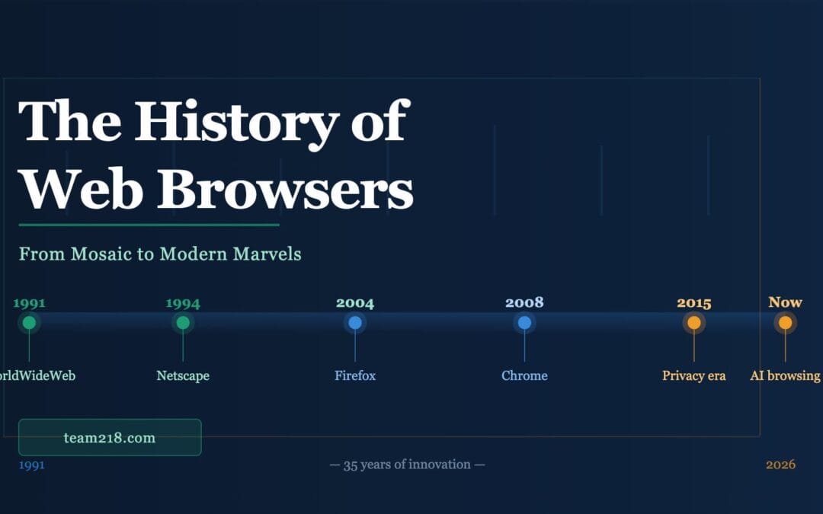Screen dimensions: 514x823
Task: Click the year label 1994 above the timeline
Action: pyautogui.click(x=183, y=303)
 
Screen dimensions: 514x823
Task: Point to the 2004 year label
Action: pyautogui.click(x=355, y=303)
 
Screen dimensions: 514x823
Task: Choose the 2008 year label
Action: pyautogui.click(x=524, y=302)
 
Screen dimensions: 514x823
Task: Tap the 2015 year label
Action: pyautogui.click(x=694, y=303)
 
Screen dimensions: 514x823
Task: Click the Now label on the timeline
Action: pyautogui.click(x=785, y=302)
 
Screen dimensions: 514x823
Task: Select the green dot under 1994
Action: pyautogui.click(x=183, y=323)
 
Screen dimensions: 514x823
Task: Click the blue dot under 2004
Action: pyautogui.click(x=355, y=323)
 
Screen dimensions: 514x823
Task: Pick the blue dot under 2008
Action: pyautogui.click(x=524, y=323)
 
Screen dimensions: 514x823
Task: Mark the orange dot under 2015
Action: pyautogui.click(x=694, y=323)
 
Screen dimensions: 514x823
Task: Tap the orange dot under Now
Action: pyautogui.click(x=785, y=323)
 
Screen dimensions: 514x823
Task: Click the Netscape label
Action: pyautogui.click(x=183, y=375)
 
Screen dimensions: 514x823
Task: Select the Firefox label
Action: pyautogui.click(x=355, y=375)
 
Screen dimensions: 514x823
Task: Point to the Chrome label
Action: pyautogui.click(x=524, y=375)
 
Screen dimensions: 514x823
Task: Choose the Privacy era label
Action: pyautogui.click(x=694, y=375)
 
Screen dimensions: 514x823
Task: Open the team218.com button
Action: pyautogui.click(x=110, y=437)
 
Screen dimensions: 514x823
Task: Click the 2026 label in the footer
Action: pyautogui.click(x=780, y=465)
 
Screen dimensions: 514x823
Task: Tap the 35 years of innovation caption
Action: pyautogui.click(x=407, y=465)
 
